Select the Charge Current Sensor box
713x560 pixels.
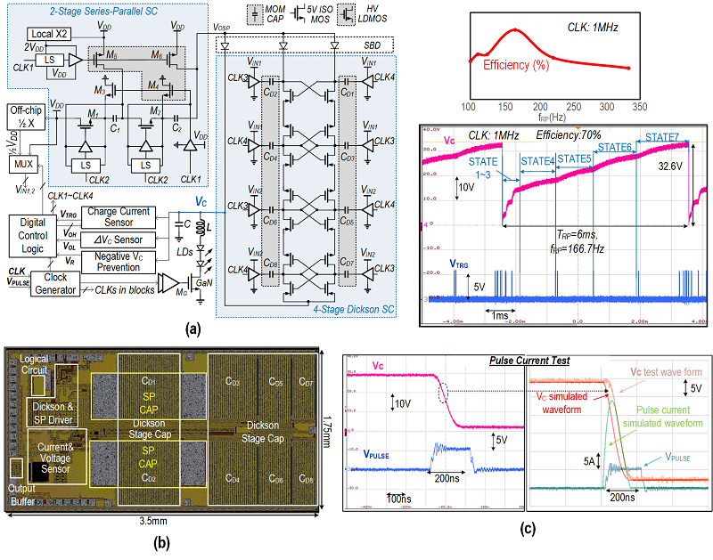pyautogui.click(x=118, y=216)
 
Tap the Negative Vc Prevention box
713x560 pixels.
pyautogui.click(x=118, y=262)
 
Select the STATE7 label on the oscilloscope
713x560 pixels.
pyautogui.click(x=662, y=136)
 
